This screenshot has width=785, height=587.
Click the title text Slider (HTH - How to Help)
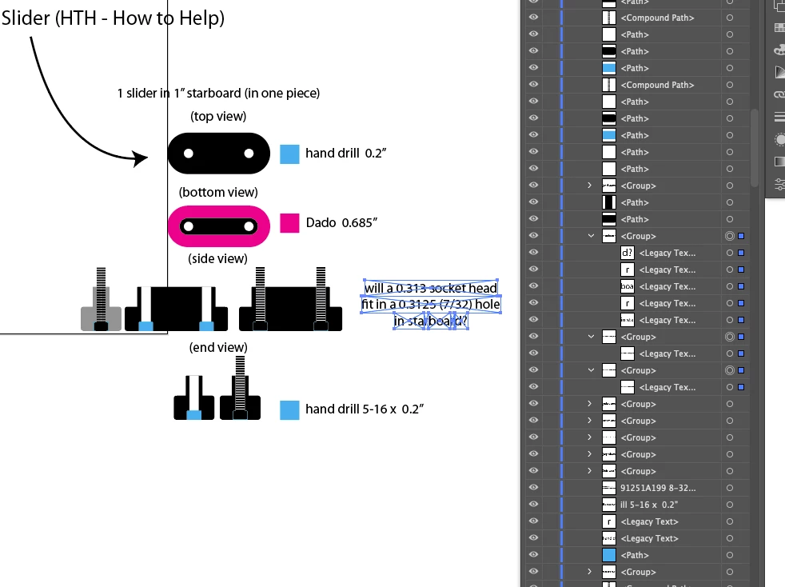coord(113,18)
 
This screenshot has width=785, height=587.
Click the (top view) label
coord(218,117)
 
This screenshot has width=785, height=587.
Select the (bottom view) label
coord(218,192)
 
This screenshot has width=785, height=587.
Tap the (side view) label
coord(218,259)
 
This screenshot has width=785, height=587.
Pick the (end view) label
coord(218,347)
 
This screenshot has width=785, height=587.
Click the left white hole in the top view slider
coord(189,154)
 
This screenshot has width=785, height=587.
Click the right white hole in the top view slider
coord(249,154)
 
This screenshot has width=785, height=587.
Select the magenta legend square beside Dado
coord(289,222)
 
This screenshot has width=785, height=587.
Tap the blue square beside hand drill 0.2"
coord(289,154)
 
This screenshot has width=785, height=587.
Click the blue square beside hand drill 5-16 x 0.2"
coord(289,410)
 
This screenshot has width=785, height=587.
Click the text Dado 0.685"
coord(341,222)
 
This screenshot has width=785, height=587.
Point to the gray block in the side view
coord(101,317)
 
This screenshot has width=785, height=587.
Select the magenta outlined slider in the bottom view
coord(218,226)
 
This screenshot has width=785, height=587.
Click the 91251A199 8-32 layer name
coord(658,488)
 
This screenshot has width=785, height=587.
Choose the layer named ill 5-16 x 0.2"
coord(649,505)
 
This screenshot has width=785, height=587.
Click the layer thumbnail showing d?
coord(628,253)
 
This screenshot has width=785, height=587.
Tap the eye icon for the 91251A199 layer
coord(533,488)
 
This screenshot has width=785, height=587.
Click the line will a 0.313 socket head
coord(431,288)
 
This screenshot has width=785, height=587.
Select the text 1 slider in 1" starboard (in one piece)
coord(218,94)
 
